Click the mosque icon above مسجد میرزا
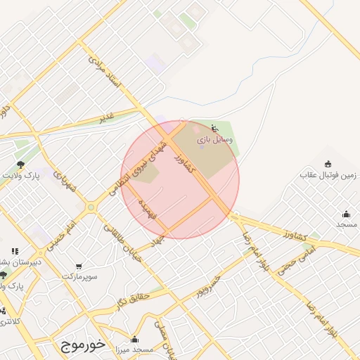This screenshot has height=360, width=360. coord(134,339)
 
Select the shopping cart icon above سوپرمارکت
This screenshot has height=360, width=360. coord(78,266)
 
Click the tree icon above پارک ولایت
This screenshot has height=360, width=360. coord(20,164)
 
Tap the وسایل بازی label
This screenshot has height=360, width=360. coord(212,140)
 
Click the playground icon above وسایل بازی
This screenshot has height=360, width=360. coord(214,129)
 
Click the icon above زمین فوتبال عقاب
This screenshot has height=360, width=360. coord(328,164)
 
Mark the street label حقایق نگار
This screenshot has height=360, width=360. coord(131,301)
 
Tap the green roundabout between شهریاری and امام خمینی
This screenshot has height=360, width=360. coord(91,207)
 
